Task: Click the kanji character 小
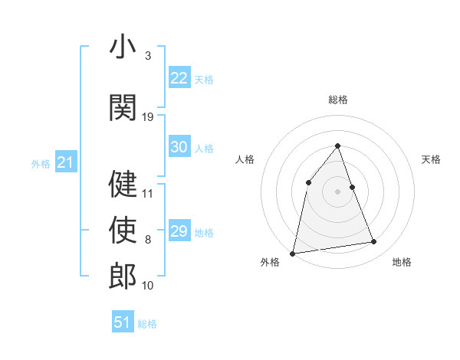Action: pos(123,47)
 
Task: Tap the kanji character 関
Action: pos(123,106)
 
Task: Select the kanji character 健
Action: pos(123,183)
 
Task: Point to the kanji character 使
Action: pos(123,229)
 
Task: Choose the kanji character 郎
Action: pos(123,275)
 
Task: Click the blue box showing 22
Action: pos(179,78)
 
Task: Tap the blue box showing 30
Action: pos(179,147)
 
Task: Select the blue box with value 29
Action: pos(179,231)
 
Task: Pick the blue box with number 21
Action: pos(65,162)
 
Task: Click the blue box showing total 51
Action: pos(123,322)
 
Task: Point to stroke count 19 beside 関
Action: pos(148,117)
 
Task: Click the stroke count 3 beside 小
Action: pos(147,56)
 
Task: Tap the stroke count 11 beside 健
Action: pos(148,194)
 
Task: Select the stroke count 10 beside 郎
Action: pos(148,286)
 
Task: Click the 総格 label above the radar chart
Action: pos(337,100)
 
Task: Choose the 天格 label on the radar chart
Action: pos(431,159)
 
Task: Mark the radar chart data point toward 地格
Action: pos(374,242)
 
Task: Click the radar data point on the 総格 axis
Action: pos(337,146)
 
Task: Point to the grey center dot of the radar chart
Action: pos(337,191)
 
